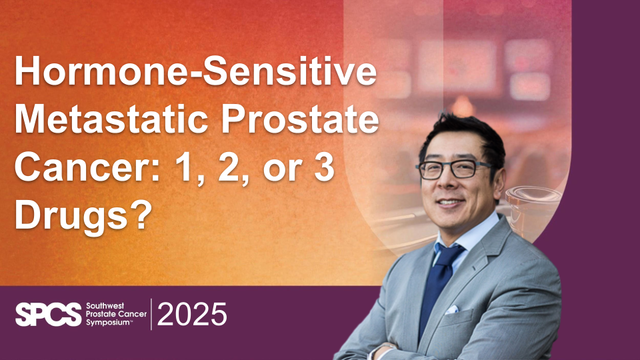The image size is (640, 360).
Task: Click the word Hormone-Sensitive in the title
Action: click(195, 71)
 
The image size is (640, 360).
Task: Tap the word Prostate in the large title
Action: click(300, 121)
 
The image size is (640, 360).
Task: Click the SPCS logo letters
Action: click(49, 314)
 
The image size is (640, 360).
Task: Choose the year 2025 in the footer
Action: click(192, 314)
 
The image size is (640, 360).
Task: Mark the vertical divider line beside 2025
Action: click(151, 314)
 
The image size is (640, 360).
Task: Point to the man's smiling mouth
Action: click(449, 202)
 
